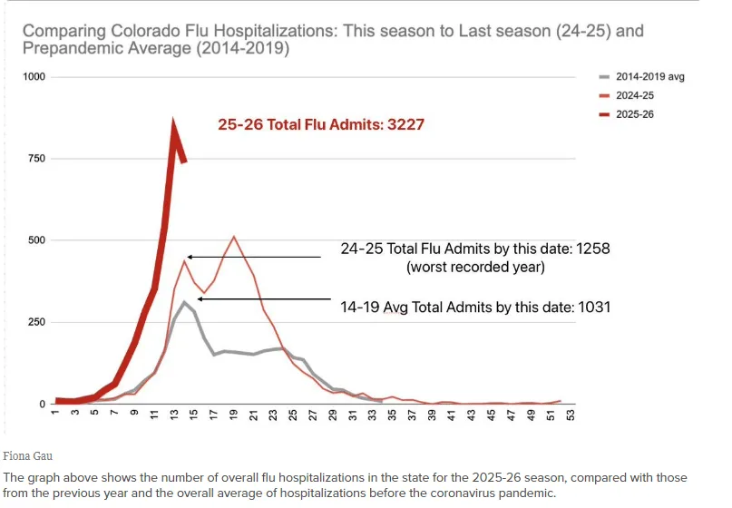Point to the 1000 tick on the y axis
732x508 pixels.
(34, 77)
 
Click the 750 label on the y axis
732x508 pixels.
(36, 159)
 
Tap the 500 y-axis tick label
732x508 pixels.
(36, 240)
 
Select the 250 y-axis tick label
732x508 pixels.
(36, 322)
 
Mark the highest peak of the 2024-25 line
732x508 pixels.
(234, 237)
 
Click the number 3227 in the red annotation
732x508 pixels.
(406, 124)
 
